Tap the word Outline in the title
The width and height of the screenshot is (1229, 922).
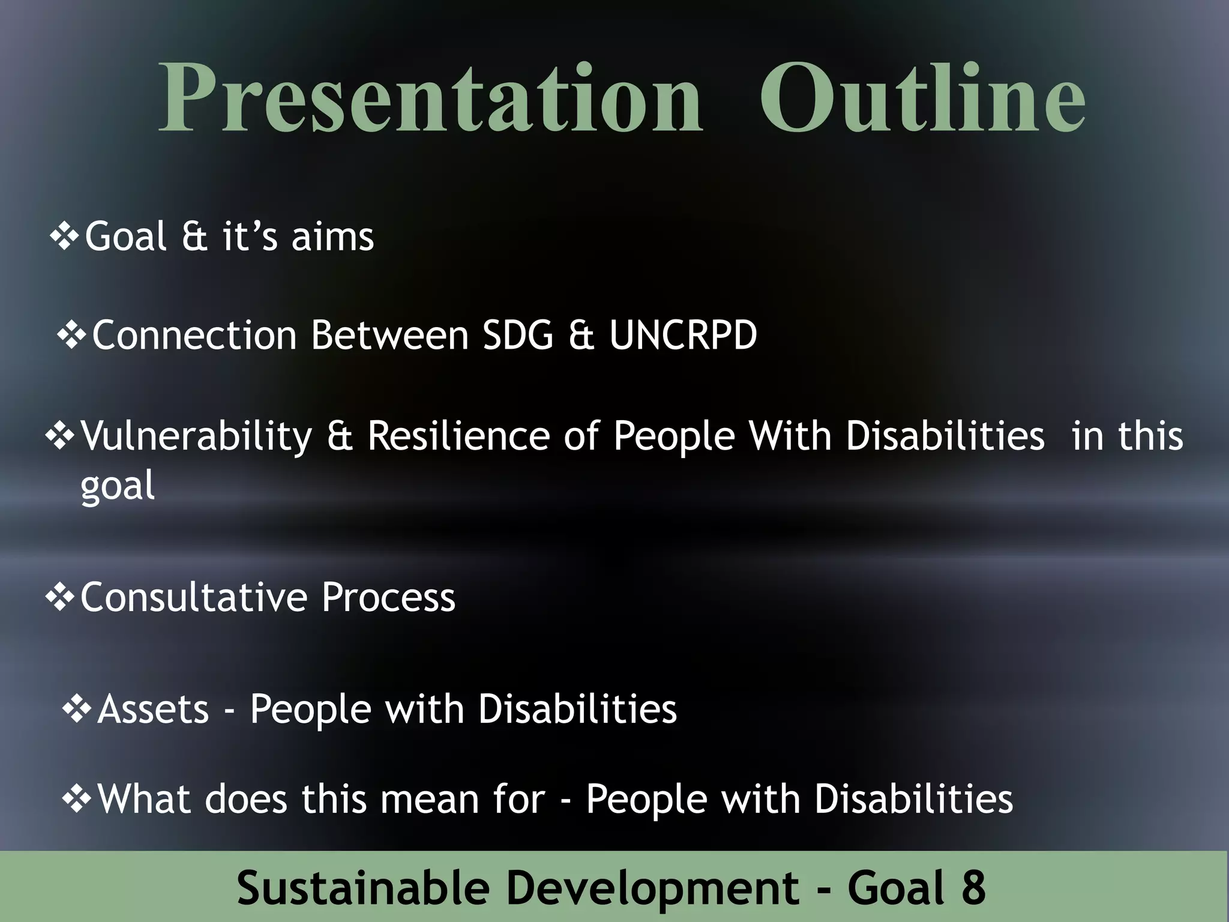(922, 99)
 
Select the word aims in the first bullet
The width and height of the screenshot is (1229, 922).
(332, 237)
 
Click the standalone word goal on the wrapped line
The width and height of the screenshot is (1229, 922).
(118, 486)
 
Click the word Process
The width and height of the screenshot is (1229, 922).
(388, 597)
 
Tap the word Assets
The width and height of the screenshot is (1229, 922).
(153, 709)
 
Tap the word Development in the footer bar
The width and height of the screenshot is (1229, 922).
(652, 888)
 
